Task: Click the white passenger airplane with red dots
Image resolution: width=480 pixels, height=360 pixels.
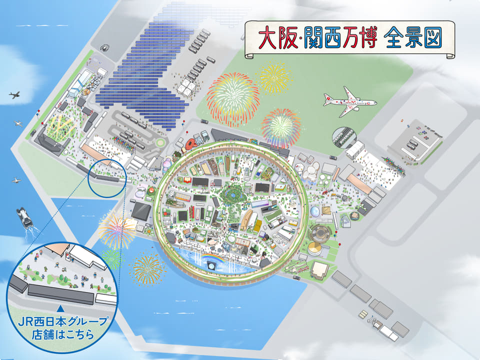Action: click(x=349, y=102)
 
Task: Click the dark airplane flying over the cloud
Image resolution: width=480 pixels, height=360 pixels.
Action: click(x=15, y=95)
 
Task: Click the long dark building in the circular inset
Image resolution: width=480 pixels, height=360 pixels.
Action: click(x=60, y=293)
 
